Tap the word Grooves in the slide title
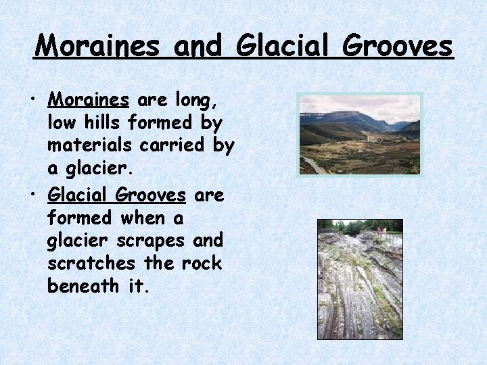pos(396,46)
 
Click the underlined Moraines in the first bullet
pos(88,101)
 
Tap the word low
pos(62,124)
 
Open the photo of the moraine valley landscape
pos(360,134)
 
